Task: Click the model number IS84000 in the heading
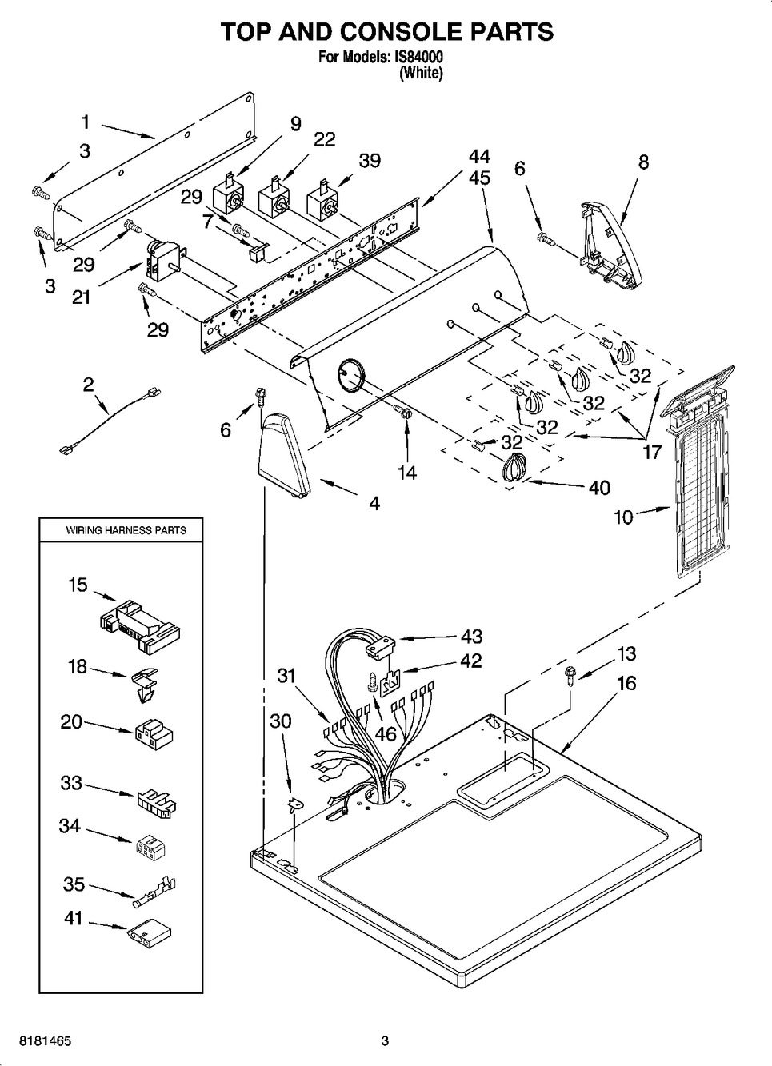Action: tap(416, 58)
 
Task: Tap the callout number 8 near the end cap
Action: tap(643, 162)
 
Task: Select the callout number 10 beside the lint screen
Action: tap(623, 517)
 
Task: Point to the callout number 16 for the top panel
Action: tap(626, 683)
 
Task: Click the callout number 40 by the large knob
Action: tap(598, 487)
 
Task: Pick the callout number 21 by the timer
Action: tap(81, 297)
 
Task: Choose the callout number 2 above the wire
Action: tap(88, 384)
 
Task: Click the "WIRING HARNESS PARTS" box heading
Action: tap(126, 530)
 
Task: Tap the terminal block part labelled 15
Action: tap(140, 623)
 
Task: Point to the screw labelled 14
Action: tap(404, 413)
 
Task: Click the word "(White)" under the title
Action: tap(420, 73)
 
